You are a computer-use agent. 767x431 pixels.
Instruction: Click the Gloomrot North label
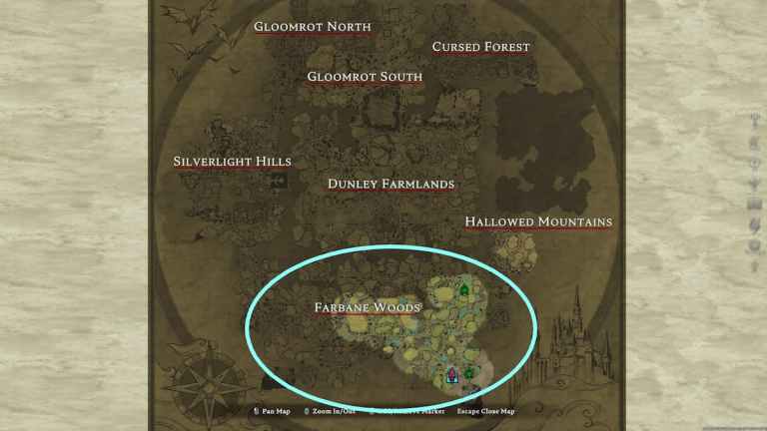pos(313,27)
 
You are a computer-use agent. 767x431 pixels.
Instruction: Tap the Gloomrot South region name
pos(365,77)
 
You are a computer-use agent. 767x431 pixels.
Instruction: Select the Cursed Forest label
pos(480,47)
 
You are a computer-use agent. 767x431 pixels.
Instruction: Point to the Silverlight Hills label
pos(232,162)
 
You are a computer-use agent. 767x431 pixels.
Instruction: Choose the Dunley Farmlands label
pos(390,184)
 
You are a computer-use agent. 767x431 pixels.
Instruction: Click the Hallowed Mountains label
pos(538,221)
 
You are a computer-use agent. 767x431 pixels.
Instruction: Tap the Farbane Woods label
pos(367,307)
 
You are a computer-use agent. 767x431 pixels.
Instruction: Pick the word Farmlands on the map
pos(418,184)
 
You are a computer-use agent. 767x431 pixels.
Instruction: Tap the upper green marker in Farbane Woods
pos(463,290)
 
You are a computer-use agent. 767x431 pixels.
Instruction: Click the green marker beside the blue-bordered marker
pos(468,374)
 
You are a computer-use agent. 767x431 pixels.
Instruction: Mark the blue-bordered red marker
pos(452,375)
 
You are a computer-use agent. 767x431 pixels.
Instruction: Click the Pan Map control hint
pos(273,411)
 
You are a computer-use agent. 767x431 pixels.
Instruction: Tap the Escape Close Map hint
pos(486,411)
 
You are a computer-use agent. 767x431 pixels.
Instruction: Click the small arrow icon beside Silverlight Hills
pos(278,181)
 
